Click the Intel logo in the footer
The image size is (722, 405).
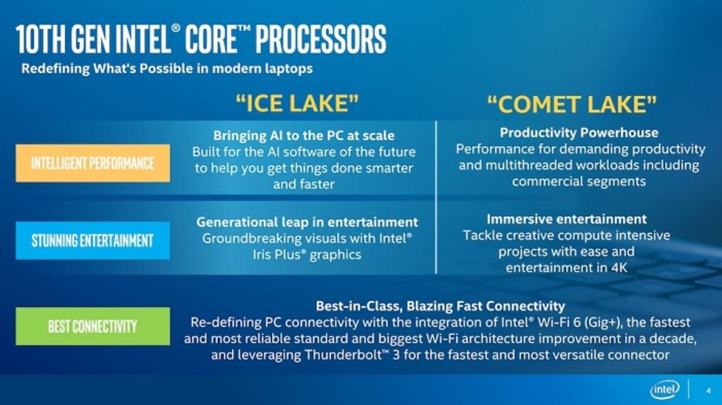(x=664, y=390)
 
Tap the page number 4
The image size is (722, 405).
(x=708, y=391)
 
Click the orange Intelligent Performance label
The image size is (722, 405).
(x=93, y=163)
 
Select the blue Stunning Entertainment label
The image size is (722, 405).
(x=93, y=241)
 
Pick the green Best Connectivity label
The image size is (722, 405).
(x=93, y=326)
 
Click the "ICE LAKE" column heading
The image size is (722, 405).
(x=297, y=104)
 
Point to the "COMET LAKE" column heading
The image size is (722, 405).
(x=572, y=104)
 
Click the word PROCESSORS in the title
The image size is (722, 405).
(x=321, y=39)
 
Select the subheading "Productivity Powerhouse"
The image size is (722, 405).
(x=579, y=133)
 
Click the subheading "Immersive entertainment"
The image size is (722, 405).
(x=567, y=219)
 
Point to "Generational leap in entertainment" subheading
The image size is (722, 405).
(x=307, y=222)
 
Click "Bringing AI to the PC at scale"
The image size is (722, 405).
(x=304, y=136)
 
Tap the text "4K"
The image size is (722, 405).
(x=619, y=268)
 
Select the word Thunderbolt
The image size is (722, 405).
(x=343, y=355)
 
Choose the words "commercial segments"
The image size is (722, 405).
(x=579, y=182)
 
